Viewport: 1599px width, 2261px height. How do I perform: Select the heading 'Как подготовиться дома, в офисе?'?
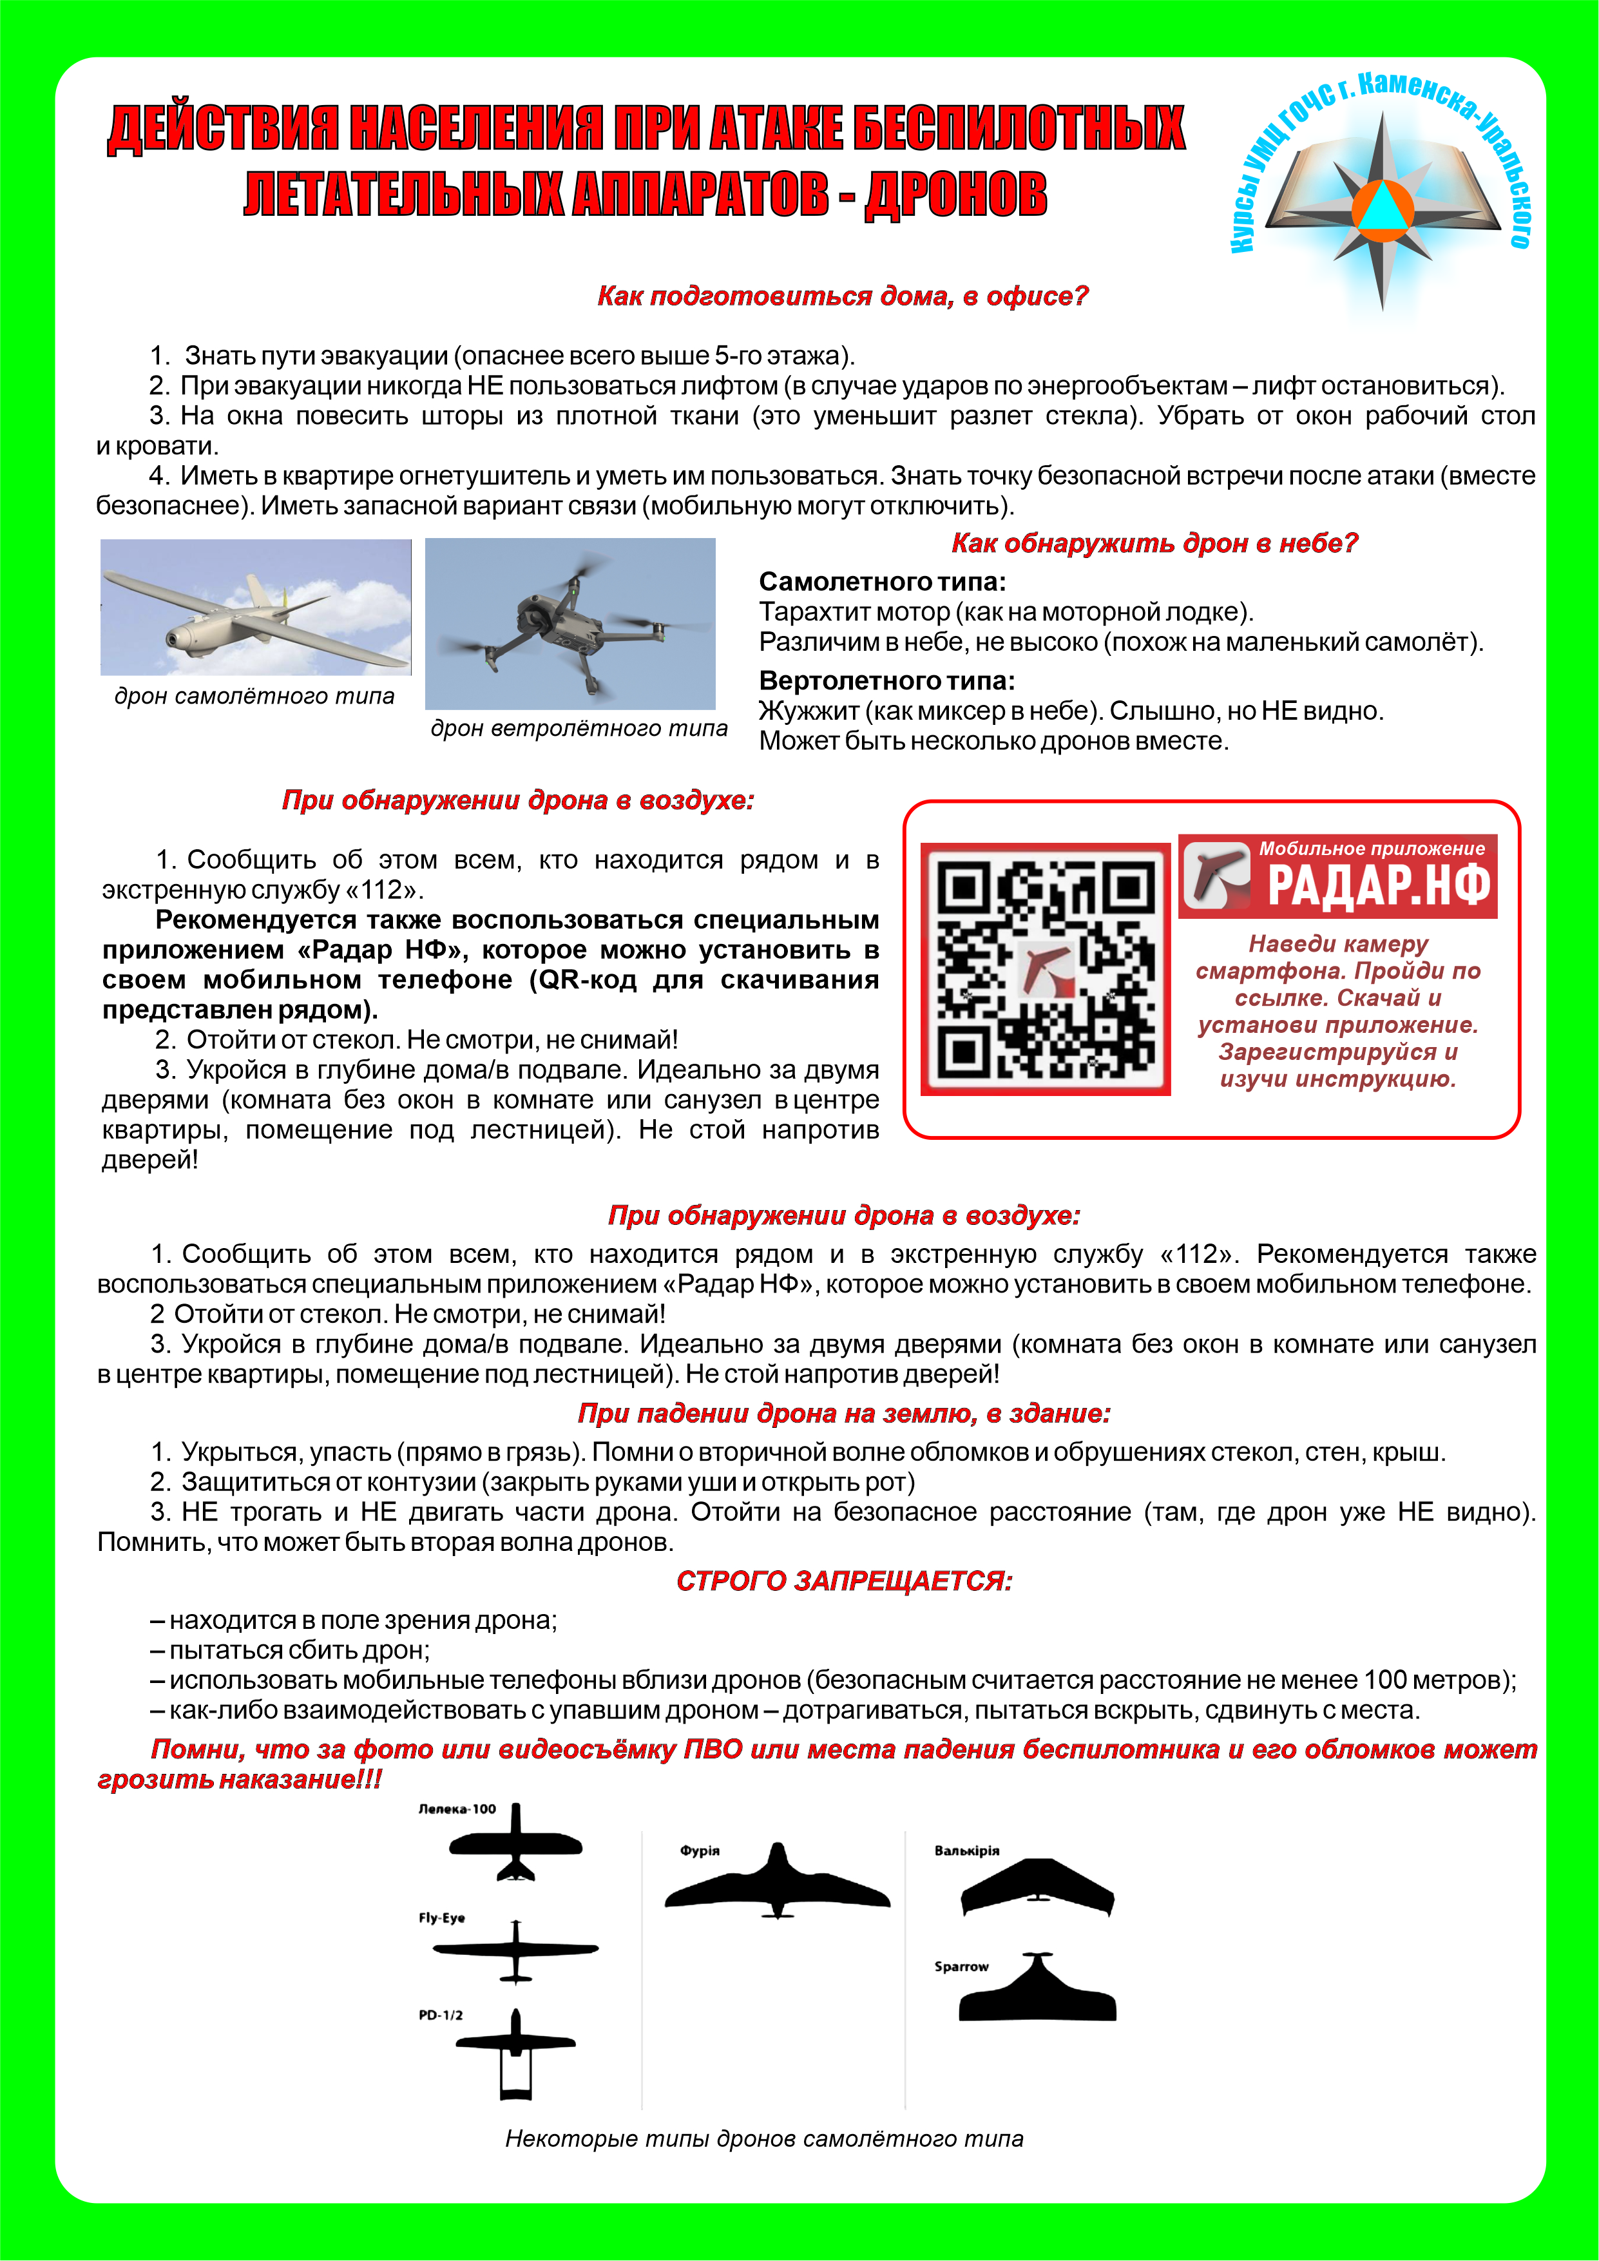pyautogui.click(x=843, y=296)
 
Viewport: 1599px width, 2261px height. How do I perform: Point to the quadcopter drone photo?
pyautogui.click(x=570, y=623)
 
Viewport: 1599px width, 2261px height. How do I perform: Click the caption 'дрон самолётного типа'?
pyautogui.click(x=254, y=697)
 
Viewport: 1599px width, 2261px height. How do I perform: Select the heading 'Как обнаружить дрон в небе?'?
pyautogui.click(x=1154, y=544)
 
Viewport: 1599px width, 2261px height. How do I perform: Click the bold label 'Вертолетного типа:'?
pyautogui.click(x=886, y=680)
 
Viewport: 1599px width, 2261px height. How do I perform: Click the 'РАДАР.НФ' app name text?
pyautogui.click(x=1379, y=884)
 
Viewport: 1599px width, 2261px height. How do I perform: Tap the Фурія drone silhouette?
pyautogui.click(x=777, y=1884)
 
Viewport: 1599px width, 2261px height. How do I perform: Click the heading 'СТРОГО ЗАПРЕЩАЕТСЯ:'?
pyautogui.click(x=844, y=1581)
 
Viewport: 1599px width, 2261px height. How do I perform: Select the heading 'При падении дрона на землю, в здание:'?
pyautogui.click(x=844, y=1414)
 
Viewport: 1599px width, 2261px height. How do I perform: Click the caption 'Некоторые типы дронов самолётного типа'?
pyautogui.click(x=764, y=2139)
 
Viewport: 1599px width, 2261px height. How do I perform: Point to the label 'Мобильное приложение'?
pyautogui.click(x=1372, y=849)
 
